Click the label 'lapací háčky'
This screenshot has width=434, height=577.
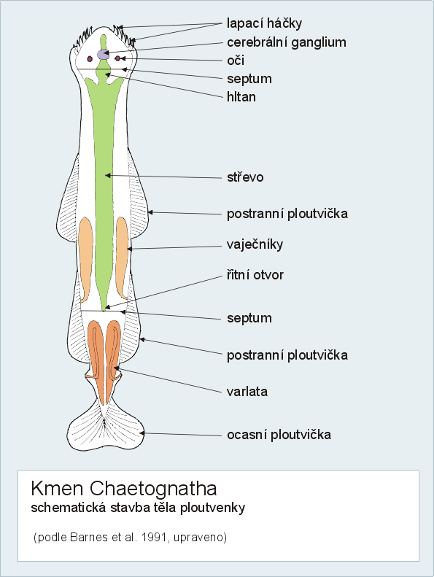264,23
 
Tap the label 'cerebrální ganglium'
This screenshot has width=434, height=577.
287,43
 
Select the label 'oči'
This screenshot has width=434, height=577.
236,61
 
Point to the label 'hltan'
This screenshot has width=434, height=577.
241,97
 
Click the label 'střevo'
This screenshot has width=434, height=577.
245,177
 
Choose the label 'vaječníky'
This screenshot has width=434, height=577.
255,244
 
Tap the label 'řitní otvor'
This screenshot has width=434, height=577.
255,275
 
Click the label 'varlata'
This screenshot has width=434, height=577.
247,392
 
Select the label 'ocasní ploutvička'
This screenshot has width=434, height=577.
279,435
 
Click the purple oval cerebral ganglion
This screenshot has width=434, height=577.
103,55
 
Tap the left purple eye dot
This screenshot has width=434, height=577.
90,59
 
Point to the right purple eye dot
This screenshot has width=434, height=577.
117,58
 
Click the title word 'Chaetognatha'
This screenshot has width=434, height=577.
153,489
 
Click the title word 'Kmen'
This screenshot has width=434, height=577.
57,489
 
